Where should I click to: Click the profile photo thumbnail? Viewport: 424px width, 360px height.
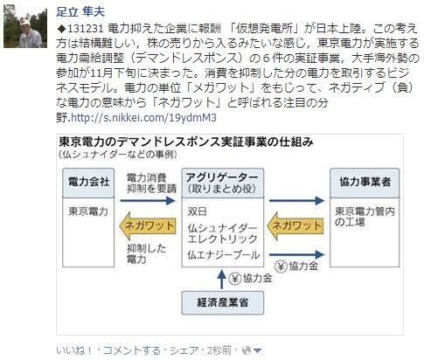(x=25, y=26)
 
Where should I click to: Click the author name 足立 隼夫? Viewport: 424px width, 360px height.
(x=80, y=12)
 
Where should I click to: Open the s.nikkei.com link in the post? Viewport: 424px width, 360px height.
(x=143, y=118)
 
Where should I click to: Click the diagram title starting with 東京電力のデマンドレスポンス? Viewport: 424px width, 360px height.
(x=186, y=142)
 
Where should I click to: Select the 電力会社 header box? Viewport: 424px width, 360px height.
(x=88, y=183)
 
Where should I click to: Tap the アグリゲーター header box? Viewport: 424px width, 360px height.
(x=223, y=183)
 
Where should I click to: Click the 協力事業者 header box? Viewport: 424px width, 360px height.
(x=365, y=183)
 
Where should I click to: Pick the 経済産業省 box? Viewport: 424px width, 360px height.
(x=223, y=302)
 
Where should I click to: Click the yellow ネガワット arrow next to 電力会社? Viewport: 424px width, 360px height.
(x=148, y=226)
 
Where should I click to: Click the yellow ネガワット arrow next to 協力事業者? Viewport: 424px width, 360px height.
(x=295, y=226)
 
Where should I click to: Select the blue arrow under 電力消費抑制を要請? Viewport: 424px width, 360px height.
(x=148, y=200)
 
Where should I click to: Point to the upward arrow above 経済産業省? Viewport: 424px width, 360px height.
(x=222, y=279)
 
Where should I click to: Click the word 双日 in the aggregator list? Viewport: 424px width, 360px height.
(x=197, y=211)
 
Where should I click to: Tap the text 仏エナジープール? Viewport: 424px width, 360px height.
(x=224, y=255)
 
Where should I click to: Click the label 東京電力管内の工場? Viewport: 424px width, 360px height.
(x=365, y=217)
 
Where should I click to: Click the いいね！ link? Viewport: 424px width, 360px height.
(x=74, y=350)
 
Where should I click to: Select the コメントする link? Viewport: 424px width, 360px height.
(x=132, y=350)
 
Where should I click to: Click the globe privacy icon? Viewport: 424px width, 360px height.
(x=247, y=350)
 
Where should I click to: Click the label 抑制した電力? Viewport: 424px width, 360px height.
(x=146, y=253)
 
